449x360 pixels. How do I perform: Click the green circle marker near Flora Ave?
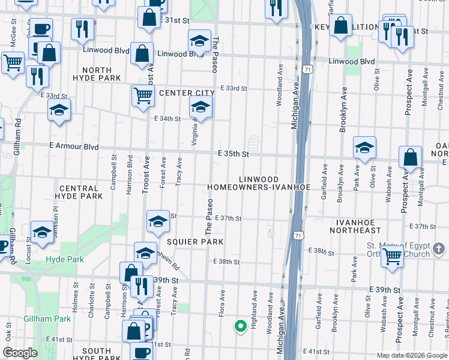240,326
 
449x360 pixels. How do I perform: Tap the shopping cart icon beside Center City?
143,95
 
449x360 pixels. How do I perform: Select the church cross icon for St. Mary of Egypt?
439,248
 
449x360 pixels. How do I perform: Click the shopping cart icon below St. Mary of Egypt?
392,257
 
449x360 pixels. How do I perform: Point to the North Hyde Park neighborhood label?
97,74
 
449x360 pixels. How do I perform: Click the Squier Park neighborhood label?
187,241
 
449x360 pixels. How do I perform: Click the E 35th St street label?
234,154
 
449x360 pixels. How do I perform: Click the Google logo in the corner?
20,353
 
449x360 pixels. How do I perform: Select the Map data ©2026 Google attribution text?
412,355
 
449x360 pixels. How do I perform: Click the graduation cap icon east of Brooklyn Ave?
364,148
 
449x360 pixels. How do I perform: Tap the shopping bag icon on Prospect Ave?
410,158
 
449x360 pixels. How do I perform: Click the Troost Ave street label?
145,175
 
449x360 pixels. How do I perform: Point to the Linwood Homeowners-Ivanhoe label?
259,184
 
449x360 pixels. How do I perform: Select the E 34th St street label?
167,119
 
